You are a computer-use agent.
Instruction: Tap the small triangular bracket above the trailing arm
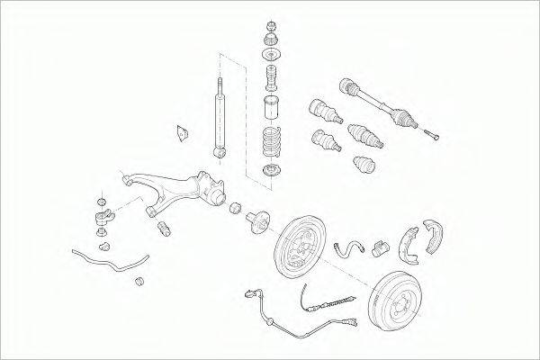(x=181, y=131)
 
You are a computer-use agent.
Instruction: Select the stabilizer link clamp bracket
(x=106, y=217)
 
